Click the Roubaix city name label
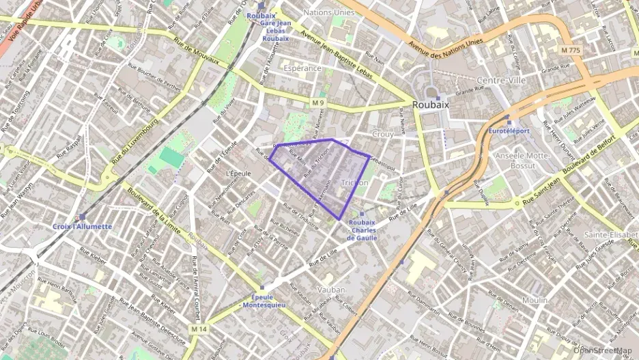tap(430, 105)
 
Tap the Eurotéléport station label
tap(509, 130)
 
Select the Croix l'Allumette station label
tap(81, 226)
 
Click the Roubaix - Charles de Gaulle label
tap(362, 230)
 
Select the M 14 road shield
tap(199, 329)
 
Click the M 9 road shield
tap(317, 102)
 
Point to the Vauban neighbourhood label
tap(331, 290)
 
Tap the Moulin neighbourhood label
tap(535, 301)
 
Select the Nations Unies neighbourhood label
tap(328, 12)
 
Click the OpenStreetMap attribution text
tap(603, 350)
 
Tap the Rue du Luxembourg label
tap(137, 141)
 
